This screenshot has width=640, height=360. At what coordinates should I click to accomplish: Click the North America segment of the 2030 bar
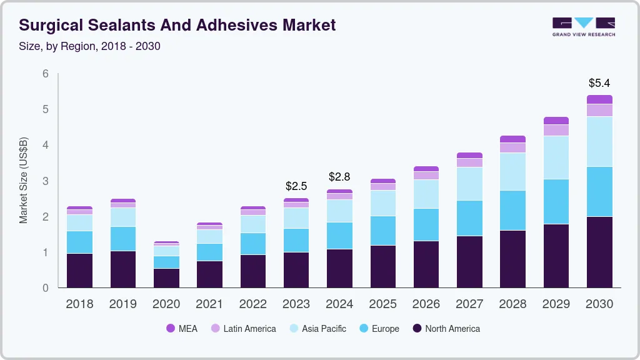[599, 252]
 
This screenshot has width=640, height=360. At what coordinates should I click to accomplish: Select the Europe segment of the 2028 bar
[512, 210]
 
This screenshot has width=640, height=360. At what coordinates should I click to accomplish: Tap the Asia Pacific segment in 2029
[556, 157]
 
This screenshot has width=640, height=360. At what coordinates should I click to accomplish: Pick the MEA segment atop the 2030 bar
[599, 99]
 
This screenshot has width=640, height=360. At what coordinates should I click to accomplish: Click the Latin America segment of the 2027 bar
[469, 162]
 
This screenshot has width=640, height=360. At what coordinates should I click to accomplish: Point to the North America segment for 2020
[166, 278]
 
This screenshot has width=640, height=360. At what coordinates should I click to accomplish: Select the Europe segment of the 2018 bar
[79, 242]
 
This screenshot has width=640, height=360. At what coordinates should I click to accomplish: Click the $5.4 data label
[599, 83]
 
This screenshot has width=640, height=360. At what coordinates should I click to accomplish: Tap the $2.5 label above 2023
[296, 186]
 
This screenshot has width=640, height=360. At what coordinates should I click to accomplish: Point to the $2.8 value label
[339, 177]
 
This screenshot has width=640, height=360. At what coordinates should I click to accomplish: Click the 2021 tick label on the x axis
[209, 304]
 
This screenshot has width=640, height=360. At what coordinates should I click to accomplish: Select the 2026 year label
[426, 304]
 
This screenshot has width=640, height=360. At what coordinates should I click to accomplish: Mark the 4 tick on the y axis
[45, 145]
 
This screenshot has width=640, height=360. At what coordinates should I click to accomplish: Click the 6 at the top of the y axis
[45, 74]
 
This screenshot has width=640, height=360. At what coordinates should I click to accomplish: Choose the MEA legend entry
[181, 328]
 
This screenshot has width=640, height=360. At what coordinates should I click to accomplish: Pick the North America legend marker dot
[417, 328]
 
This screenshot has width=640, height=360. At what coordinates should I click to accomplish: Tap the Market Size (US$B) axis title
[24, 181]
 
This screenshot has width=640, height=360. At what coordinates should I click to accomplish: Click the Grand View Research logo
[583, 26]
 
